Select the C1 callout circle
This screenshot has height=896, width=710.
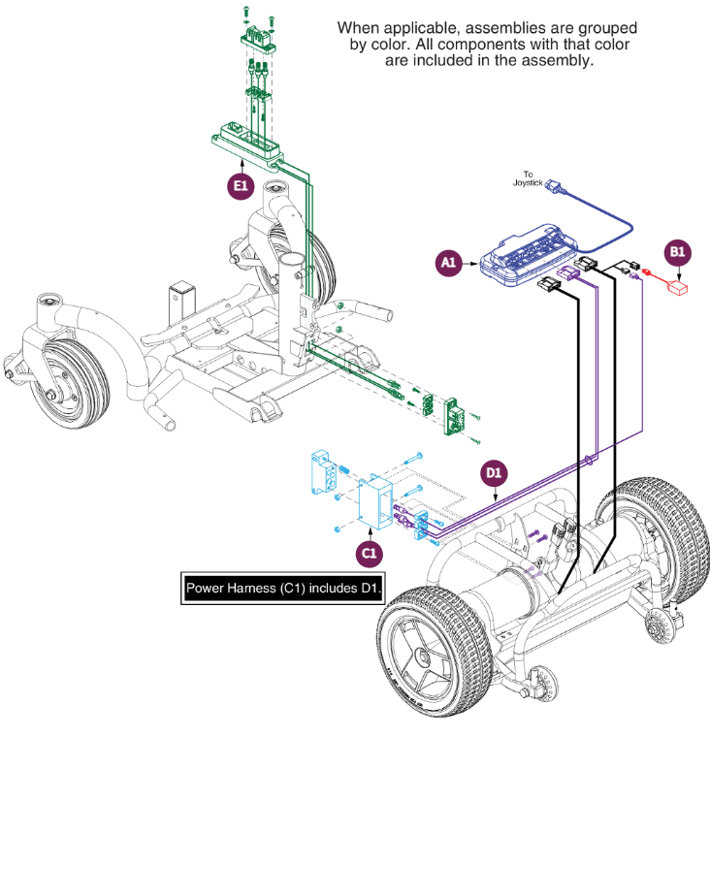(x=369, y=553)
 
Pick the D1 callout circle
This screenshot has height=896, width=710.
(x=495, y=473)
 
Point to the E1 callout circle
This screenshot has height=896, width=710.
(x=240, y=185)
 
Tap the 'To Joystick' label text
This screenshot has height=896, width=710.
(x=525, y=178)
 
